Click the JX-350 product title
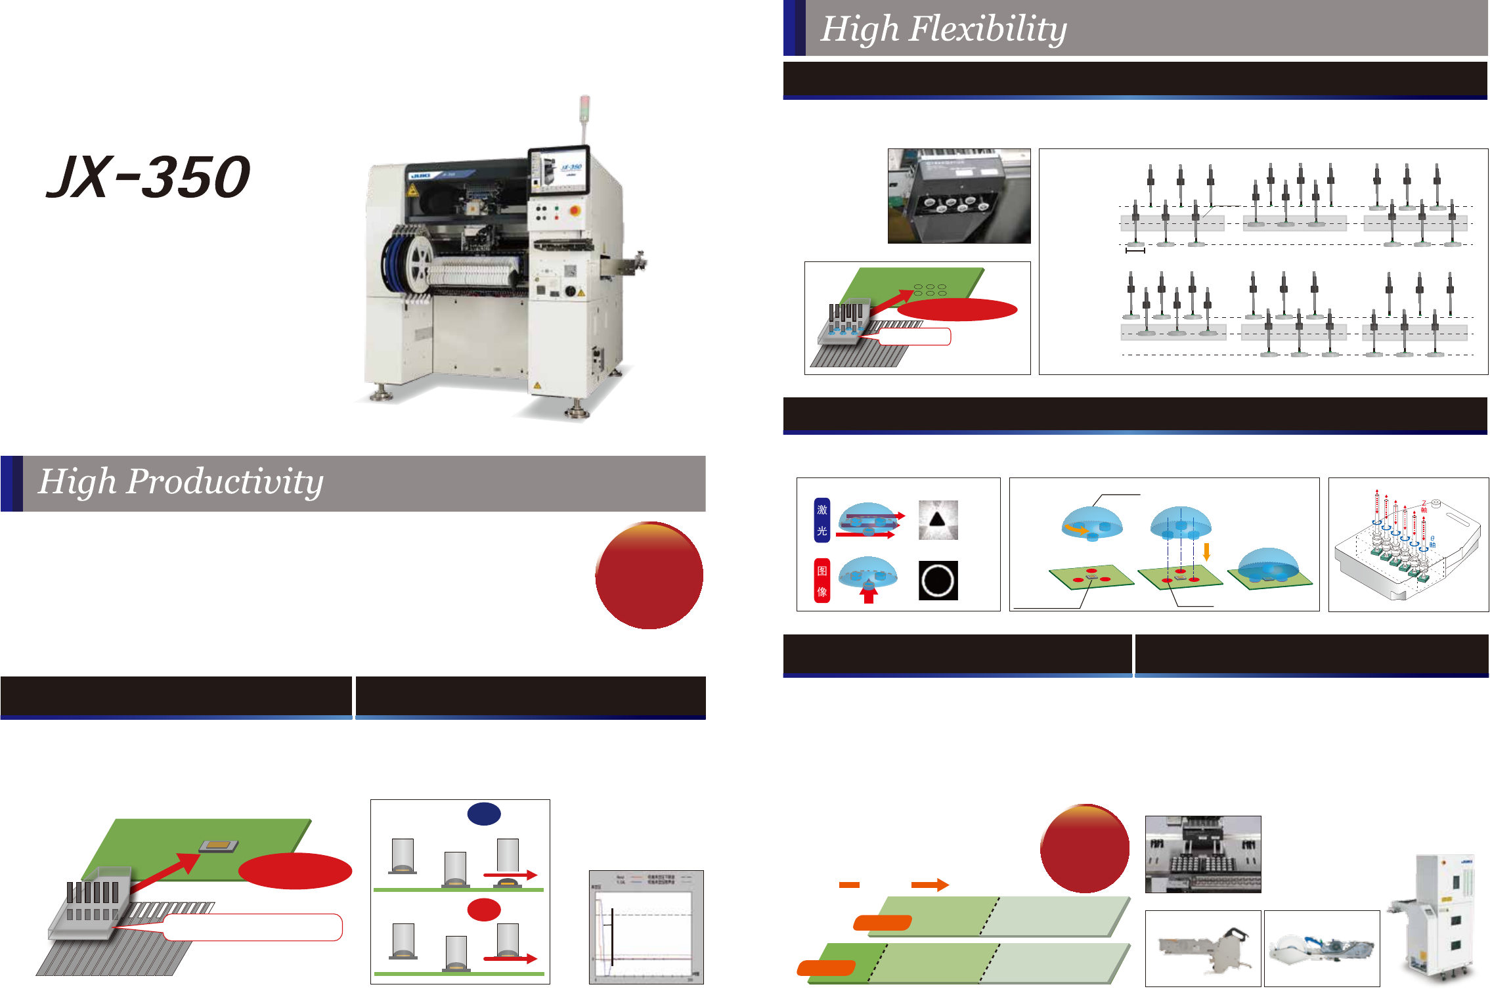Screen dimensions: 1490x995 click(x=148, y=177)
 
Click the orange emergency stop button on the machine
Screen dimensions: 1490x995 click(x=575, y=211)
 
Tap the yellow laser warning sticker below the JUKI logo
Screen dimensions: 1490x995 click(x=412, y=190)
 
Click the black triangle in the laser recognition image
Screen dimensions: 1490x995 click(x=937, y=520)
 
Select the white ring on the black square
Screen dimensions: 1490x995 click(x=938, y=581)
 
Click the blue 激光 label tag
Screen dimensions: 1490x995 click(x=822, y=520)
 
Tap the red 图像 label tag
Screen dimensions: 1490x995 click(x=822, y=581)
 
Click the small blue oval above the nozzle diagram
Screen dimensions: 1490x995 click(x=484, y=814)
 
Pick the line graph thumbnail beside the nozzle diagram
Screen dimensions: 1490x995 click(x=646, y=927)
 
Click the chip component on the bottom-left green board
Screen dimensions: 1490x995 click(x=219, y=845)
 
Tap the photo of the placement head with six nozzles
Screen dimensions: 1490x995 click(x=959, y=196)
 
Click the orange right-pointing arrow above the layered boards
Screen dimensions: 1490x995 click(x=930, y=885)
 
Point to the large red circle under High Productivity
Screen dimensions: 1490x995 click(x=649, y=575)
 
